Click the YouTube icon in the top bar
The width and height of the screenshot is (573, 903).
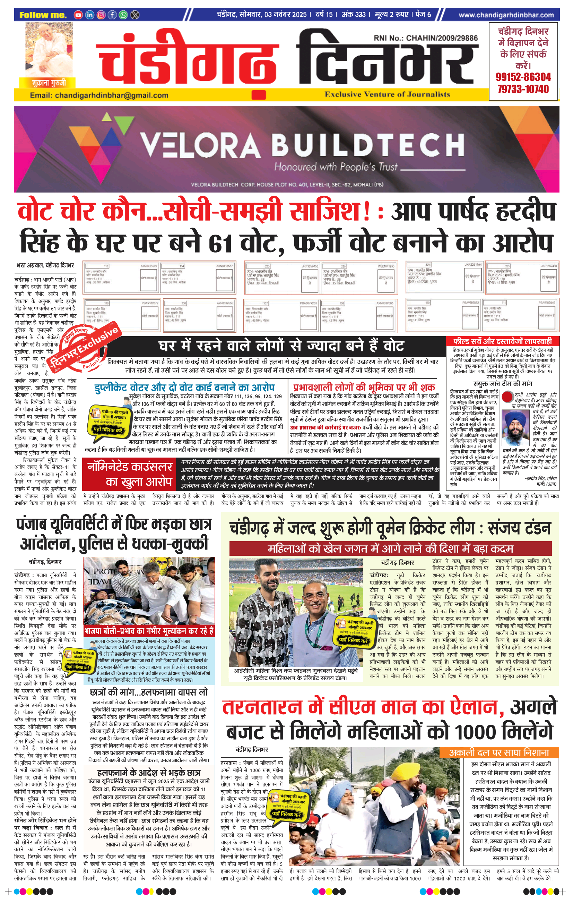point(78,15)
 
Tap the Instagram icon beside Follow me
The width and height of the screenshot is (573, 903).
point(101,15)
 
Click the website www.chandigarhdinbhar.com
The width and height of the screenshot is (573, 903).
point(506,15)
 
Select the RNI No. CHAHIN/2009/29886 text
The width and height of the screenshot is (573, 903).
point(425,38)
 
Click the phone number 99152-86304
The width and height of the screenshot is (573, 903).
point(523,77)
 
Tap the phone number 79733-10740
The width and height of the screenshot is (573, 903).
point(523,89)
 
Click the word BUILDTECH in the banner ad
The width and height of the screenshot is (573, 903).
point(367,145)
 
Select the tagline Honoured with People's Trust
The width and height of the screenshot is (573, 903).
point(336,167)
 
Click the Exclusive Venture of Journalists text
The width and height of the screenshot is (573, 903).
point(387,94)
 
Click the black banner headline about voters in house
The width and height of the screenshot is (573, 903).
point(281,346)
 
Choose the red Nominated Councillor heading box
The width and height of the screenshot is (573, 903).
point(129,474)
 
